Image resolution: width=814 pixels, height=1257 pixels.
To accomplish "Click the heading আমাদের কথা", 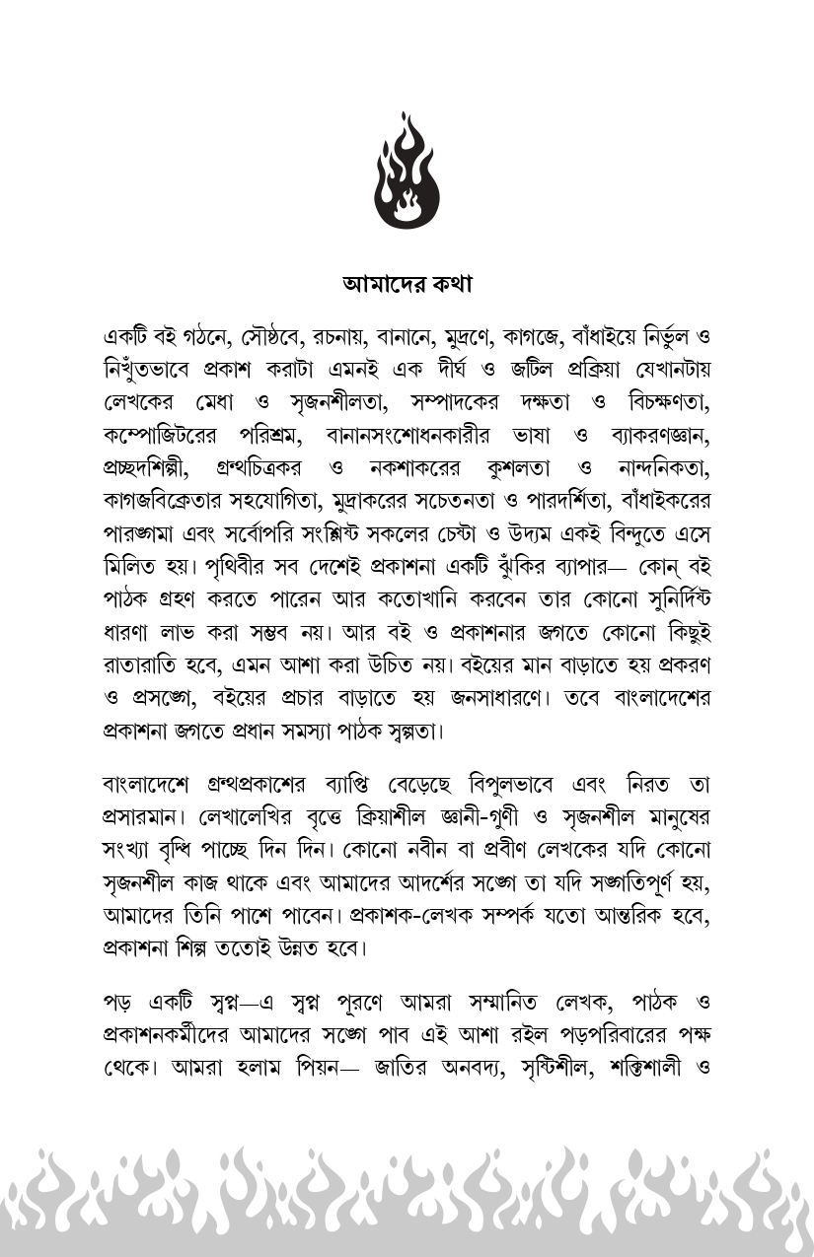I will pos(407,285).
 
